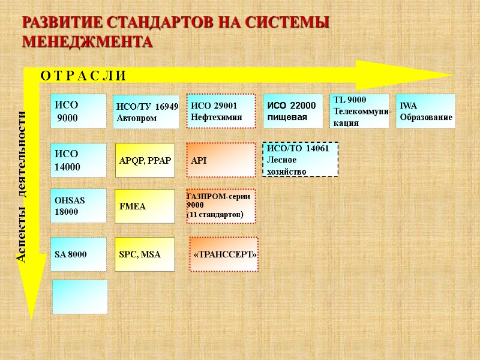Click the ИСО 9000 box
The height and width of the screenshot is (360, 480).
point(79,111)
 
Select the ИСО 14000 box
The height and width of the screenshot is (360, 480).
point(79,160)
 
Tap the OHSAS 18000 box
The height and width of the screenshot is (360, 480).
point(79,206)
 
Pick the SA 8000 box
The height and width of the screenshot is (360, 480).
point(79,254)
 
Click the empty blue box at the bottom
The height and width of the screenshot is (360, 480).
point(80,296)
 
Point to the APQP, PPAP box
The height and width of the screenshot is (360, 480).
point(145,160)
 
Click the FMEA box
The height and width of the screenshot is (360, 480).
point(145,206)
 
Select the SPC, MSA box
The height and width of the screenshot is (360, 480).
point(145,254)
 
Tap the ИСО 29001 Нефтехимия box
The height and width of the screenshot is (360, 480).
point(221,112)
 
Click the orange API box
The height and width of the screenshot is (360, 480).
point(221,161)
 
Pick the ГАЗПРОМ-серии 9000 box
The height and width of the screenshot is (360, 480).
point(221,206)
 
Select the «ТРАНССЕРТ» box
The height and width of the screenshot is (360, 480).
point(224,254)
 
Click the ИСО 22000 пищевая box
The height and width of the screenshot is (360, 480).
point(294,111)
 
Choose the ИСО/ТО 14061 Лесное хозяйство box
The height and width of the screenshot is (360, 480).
point(301,160)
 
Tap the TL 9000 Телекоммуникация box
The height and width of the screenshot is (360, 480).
point(360,111)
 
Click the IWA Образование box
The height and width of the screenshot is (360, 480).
point(425,111)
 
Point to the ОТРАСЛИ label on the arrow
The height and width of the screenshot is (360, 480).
point(83,76)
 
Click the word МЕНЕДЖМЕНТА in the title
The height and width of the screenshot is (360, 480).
point(88,43)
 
